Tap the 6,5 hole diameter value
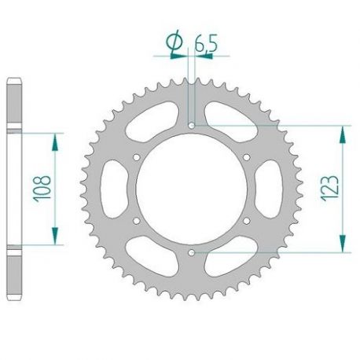tap(207, 46)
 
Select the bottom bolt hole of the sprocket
tap(193, 252)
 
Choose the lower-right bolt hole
tap(247, 221)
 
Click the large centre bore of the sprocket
tap(193, 189)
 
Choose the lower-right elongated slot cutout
tap(234, 260)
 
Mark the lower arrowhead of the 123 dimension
tap(342, 246)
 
